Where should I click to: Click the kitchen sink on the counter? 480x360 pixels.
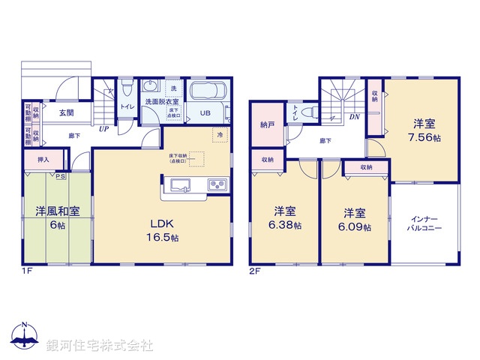tap(182, 184)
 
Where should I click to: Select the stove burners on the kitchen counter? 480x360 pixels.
tap(217, 184)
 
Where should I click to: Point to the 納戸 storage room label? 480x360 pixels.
tap(266, 124)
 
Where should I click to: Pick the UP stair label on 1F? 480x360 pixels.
tap(105, 129)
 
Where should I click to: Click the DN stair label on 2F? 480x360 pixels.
tap(354, 118)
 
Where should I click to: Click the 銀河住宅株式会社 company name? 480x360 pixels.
tap(100, 345)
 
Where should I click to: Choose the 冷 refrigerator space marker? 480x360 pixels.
tap(220, 134)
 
